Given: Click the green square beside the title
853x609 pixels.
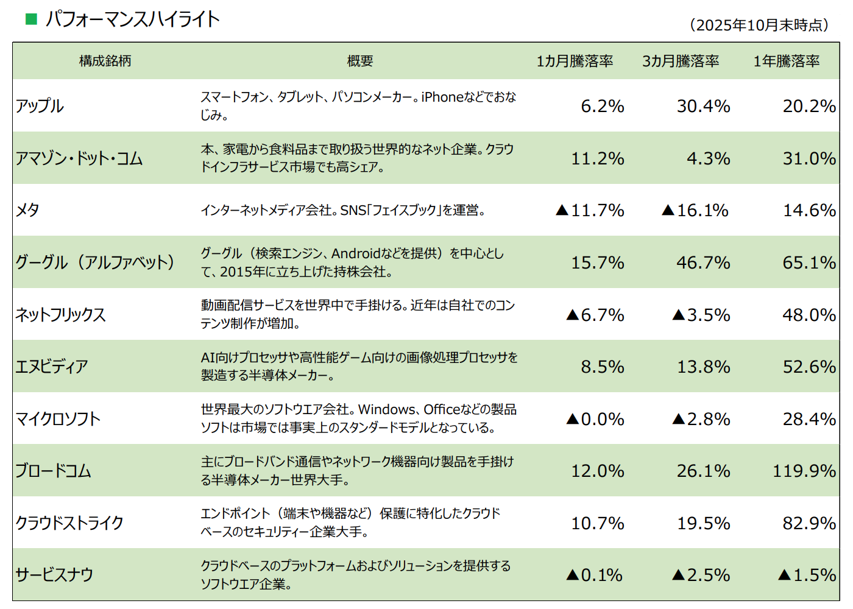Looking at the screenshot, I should click(x=31, y=19).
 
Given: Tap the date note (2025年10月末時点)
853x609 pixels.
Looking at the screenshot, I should click(x=760, y=25).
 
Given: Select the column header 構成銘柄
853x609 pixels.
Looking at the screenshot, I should click(x=105, y=61).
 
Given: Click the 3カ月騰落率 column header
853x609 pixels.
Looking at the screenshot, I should click(x=681, y=61).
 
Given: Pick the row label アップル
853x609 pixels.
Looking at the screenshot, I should click(x=40, y=106).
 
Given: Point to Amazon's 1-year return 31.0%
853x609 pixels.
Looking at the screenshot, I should click(x=809, y=158).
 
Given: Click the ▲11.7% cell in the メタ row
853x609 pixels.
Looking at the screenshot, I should click(x=590, y=210).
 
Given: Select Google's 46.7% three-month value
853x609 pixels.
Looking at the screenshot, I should click(x=703, y=262).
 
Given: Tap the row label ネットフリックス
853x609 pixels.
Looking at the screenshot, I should click(x=60, y=315).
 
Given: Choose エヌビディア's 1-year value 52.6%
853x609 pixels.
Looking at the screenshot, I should click(x=809, y=367).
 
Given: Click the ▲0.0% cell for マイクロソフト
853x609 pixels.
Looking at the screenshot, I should click(x=595, y=419).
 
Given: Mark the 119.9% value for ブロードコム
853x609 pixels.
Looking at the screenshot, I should click(x=804, y=471).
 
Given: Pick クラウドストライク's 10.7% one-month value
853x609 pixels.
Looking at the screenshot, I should click(x=597, y=523).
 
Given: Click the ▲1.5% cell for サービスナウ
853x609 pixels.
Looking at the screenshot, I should click(x=807, y=575).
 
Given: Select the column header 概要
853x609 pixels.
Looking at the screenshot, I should click(x=359, y=61).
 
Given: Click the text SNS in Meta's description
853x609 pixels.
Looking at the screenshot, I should click(x=353, y=210).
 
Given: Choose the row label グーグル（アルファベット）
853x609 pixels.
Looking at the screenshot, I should click(x=95, y=262).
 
